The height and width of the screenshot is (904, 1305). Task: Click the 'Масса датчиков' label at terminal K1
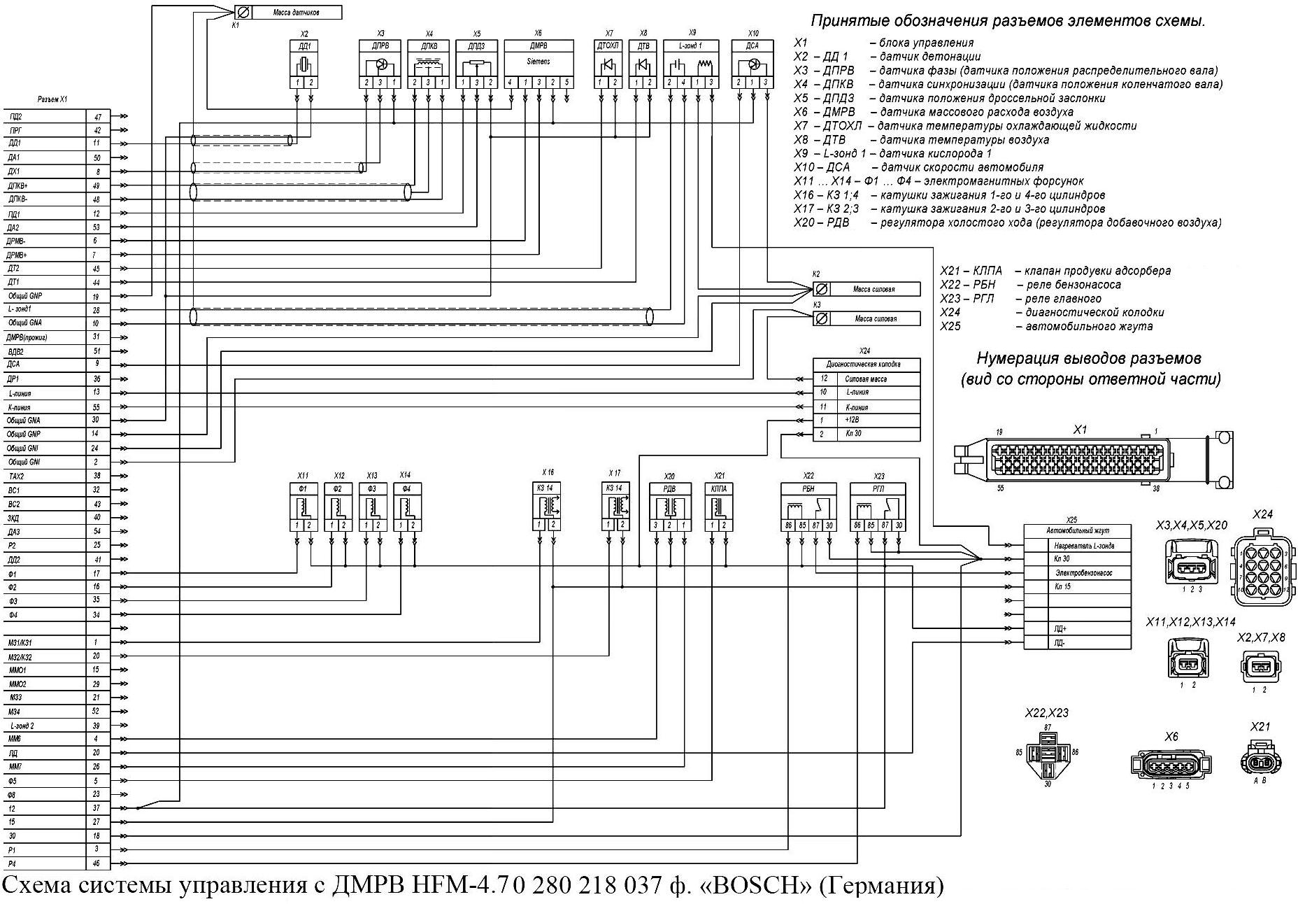[297, 13]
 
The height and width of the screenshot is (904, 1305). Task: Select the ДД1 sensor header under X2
[304, 46]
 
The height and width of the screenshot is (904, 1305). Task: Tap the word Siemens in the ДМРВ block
[538, 62]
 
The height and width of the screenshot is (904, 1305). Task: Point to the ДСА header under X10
[753, 46]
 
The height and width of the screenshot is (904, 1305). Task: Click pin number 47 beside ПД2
[97, 117]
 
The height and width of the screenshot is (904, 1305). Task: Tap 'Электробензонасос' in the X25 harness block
[1083, 573]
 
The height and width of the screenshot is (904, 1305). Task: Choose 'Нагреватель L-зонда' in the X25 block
[1084, 546]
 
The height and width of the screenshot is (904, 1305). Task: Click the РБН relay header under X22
[808, 489]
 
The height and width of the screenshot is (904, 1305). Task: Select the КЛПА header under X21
[718, 489]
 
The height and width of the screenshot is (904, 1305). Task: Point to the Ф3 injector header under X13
[372, 489]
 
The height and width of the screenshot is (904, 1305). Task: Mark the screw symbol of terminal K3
[822, 319]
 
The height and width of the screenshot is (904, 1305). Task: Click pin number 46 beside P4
[97, 863]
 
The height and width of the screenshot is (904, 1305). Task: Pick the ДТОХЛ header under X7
[607, 46]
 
